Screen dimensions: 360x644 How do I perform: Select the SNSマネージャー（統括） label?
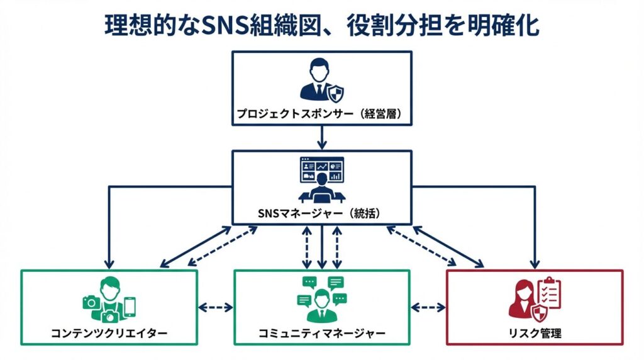pyautogui.click(x=321, y=211)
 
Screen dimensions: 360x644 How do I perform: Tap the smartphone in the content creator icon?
pyautogui.click(x=130, y=307)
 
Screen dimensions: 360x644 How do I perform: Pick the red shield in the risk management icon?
pyautogui.click(x=540, y=313)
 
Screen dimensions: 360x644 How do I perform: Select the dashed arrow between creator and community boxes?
pyautogui.click(x=216, y=308)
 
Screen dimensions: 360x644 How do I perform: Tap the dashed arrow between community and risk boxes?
pyautogui.click(x=428, y=308)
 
